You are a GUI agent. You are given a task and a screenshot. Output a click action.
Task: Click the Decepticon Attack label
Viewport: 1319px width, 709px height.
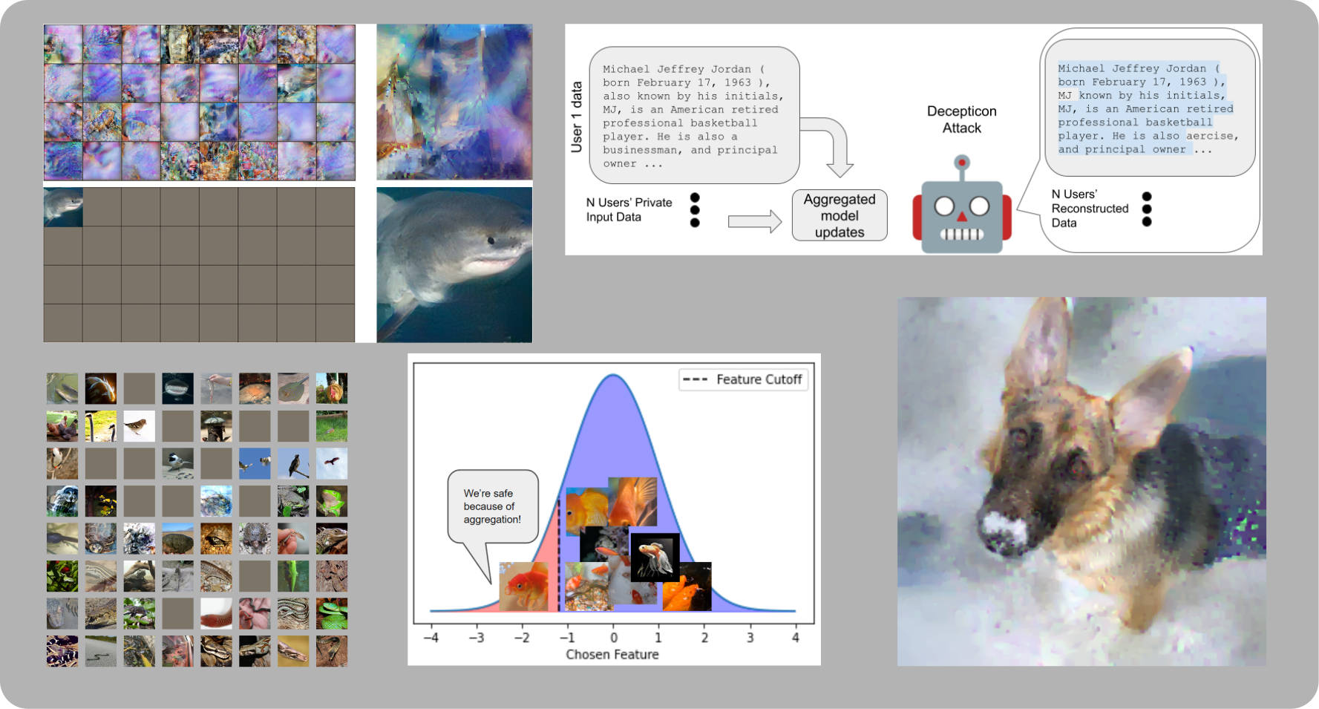961,120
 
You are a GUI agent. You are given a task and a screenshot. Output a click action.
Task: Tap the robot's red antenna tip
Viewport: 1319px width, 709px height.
962,162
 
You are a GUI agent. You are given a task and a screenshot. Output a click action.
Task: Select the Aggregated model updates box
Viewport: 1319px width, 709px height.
839,215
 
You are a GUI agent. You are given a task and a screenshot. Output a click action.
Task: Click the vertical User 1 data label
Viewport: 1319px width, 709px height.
577,117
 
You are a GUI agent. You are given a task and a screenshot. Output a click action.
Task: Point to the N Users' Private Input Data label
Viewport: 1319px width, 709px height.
629,209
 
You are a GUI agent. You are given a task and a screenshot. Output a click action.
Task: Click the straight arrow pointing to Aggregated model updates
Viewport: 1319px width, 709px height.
754,221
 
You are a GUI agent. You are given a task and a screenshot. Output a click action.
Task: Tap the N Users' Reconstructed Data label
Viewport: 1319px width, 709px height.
1089,208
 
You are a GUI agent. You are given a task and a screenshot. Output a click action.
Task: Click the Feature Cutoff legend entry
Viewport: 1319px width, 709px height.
743,379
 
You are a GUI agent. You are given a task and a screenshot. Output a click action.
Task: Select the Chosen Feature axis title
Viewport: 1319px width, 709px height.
612,654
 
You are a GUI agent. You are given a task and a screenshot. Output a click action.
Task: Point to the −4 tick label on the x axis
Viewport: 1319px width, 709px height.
431,637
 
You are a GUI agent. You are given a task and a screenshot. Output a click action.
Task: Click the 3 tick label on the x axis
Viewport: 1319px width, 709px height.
750,637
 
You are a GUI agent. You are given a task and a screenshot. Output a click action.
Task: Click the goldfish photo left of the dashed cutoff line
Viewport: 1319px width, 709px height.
523,587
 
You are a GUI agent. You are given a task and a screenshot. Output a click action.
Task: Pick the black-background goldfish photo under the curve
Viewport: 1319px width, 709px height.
655,557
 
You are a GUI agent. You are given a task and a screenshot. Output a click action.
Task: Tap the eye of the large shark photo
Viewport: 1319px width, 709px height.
490,240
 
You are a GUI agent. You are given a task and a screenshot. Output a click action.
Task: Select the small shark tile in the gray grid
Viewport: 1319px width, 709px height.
63,206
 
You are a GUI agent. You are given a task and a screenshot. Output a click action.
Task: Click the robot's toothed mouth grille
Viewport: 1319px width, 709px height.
962,235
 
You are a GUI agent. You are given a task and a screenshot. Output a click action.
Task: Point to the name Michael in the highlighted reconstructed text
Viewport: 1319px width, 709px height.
1081,68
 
